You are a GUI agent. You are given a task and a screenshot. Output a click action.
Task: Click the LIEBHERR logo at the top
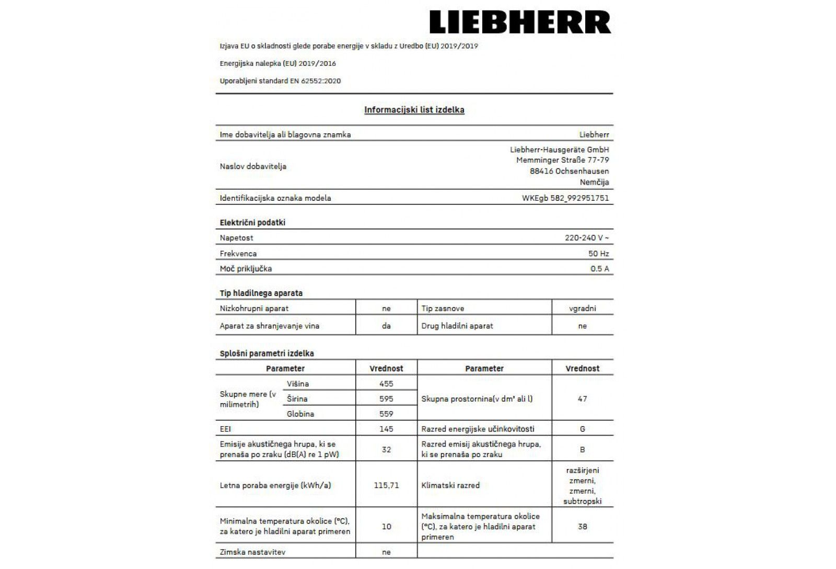(x=520, y=22)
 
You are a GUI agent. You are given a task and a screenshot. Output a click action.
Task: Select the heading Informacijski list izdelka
(x=414, y=110)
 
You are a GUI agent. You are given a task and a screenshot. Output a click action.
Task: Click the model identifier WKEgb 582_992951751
(x=565, y=198)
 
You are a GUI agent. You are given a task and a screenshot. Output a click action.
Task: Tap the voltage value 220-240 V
(x=586, y=238)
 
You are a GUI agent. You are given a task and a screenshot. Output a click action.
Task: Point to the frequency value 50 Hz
(x=598, y=254)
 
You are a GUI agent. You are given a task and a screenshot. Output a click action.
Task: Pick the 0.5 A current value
(x=599, y=269)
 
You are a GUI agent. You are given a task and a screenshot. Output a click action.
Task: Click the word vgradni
(x=582, y=309)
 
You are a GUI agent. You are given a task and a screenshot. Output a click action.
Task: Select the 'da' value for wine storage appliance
(x=386, y=326)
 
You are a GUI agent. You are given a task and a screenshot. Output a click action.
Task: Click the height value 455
(x=386, y=383)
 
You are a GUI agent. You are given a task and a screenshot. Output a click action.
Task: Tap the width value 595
(x=386, y=399)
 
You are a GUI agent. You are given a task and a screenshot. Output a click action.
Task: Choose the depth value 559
(x=386, y=414)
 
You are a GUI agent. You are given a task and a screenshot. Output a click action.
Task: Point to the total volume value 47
(x=582, y=399)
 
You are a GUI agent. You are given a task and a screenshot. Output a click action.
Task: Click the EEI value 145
(x=386, y=429)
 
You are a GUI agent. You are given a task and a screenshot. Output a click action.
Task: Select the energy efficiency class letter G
(x=582, y=429)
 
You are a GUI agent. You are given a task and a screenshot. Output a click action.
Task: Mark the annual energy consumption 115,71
(x=386, y=485)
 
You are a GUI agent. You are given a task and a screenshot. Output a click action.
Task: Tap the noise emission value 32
(x=386, y=449)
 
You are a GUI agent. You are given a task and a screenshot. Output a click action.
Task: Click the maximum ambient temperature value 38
(x=582, y=527)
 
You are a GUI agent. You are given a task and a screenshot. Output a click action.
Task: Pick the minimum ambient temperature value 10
(x=386, y=527)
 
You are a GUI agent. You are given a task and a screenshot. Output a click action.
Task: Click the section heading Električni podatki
(x=252, y=223)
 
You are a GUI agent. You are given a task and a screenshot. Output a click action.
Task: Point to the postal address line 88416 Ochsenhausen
(x=569, y=171)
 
